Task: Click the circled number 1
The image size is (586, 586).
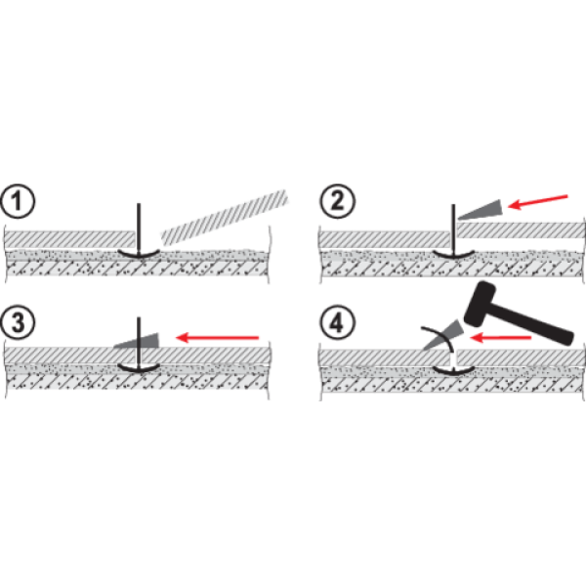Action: (x=18, y=201)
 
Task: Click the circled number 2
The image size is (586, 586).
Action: (x=337, y=201)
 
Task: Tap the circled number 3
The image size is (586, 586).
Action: (x=18, y=322)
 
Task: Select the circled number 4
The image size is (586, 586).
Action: (x=337, y=322)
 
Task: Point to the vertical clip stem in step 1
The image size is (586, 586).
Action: (x=139, y=229)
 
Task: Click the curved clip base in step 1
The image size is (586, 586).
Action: (x=139, y=253)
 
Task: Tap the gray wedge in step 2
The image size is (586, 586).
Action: (x=480, y=210)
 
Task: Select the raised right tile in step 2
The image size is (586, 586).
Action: (x=521, y=230)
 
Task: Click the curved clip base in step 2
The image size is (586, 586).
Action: (x=453, y=254)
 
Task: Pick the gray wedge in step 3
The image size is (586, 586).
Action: (x=137, y=341)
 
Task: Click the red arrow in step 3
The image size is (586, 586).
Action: (x=217, y=338)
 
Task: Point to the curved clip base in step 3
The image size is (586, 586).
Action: (x=139, y=367)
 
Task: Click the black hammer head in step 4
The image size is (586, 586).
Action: (x=480, y=304)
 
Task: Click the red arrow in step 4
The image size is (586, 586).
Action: (x=500, y=338)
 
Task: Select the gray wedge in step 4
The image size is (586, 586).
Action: (x=443, y=334)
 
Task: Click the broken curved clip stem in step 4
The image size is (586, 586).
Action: (x=438, y=339)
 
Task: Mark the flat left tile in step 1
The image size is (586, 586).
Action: (x=69, y=239)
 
